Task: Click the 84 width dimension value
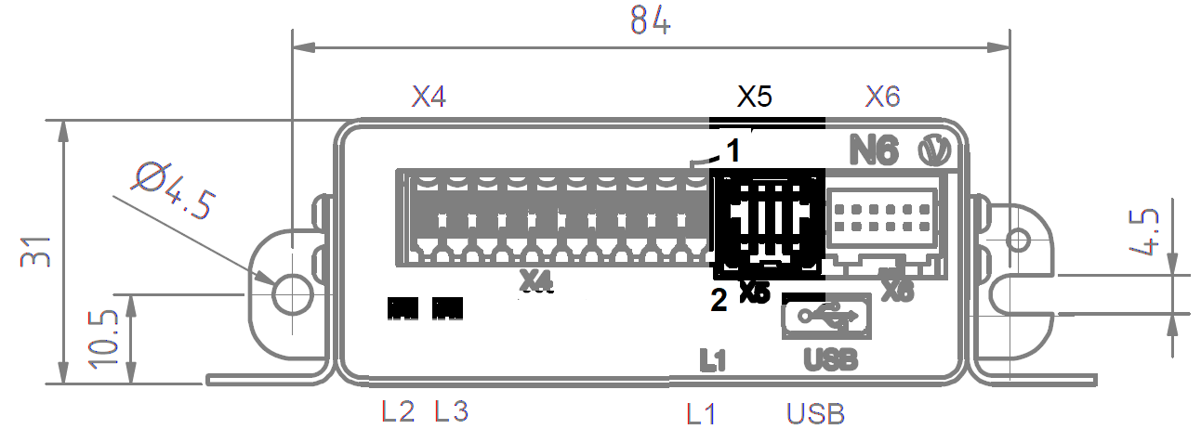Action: coord(650,20)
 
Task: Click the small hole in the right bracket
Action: coord(1018,240)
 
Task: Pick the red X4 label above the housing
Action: coord(429,97)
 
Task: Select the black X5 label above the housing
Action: coord(755,97)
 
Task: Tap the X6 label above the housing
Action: coord(882,97)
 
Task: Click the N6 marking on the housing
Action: coord(875,150)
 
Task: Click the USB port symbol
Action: coord(826,317)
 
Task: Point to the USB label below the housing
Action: coord(815,412)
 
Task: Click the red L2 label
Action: coord(398,410)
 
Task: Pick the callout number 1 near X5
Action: coord(732,150)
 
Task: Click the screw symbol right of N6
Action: coord(930,150)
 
